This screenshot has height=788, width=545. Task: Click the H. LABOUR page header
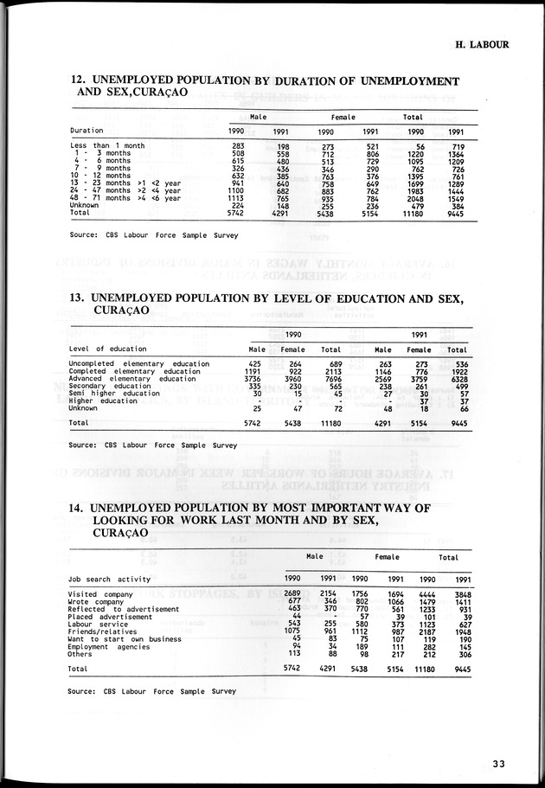click(482, 44)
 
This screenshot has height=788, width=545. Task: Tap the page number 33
click(498, 763)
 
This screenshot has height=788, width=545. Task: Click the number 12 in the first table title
click(77, 80)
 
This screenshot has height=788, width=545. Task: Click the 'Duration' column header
click(87, 131)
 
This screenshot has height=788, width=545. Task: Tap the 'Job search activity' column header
click(109, 579)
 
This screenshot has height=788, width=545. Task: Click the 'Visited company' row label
click(101, 594)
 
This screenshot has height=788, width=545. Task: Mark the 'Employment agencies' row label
click(109, 647)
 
